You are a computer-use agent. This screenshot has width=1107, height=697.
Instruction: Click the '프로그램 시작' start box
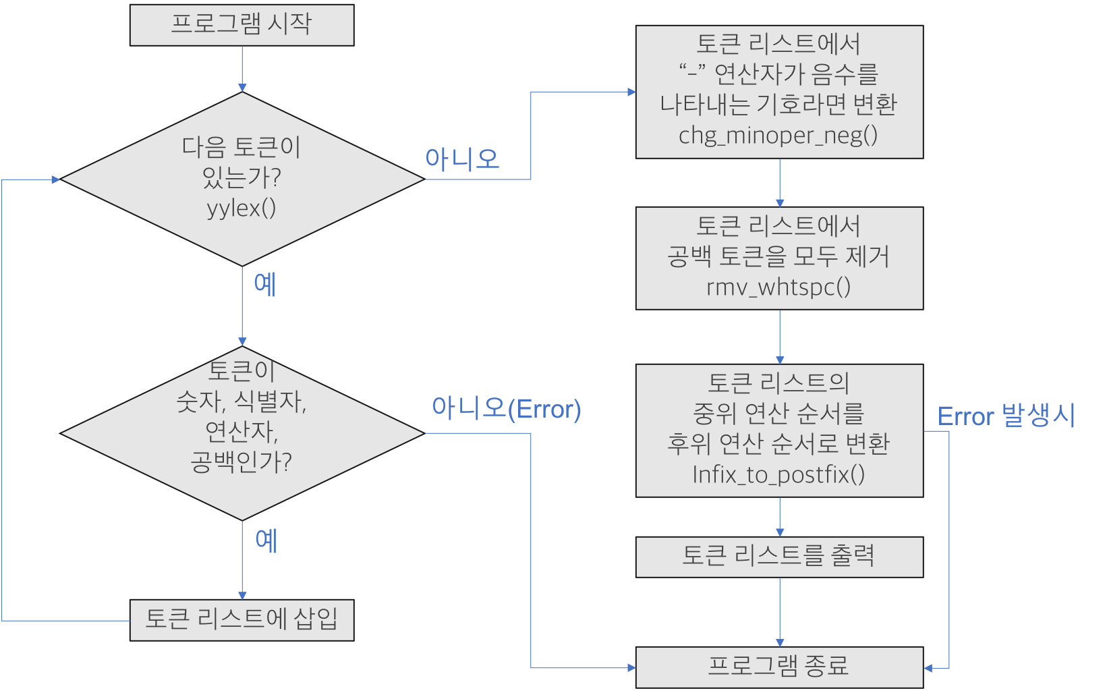[x=242, y=25]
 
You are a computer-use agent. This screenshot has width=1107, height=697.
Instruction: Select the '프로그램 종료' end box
[x=779, y=667]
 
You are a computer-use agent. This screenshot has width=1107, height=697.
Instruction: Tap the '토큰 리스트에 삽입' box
[x=242, y=619]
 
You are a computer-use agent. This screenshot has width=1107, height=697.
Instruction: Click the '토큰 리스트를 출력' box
[x=779, y=557]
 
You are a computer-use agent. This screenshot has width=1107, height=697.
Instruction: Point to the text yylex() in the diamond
[x=242, y=208]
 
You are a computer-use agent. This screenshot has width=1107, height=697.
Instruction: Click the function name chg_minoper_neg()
[x=778, y=136]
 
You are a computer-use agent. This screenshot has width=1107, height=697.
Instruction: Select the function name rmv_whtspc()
[x=778, y=287]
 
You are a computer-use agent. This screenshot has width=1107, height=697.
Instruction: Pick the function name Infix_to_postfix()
[x=778, y=475]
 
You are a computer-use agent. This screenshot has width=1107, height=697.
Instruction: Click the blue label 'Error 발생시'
[x=1006, y=416]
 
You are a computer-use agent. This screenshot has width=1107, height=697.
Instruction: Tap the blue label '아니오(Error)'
[x=506, y=409]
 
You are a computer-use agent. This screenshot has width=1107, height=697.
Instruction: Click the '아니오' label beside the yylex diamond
[x=462, y=159]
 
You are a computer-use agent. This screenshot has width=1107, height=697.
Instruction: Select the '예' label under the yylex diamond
[x=265, y=284]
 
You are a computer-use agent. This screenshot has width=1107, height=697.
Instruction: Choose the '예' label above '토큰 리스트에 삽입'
[x=266, y=540]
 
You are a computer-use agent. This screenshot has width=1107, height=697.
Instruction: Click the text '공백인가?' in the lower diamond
[x=242, y=462]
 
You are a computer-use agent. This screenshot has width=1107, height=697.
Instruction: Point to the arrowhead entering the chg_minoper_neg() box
[x=631, y=92]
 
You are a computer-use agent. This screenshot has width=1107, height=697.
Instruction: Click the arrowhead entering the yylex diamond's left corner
[x=56, y=179]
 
